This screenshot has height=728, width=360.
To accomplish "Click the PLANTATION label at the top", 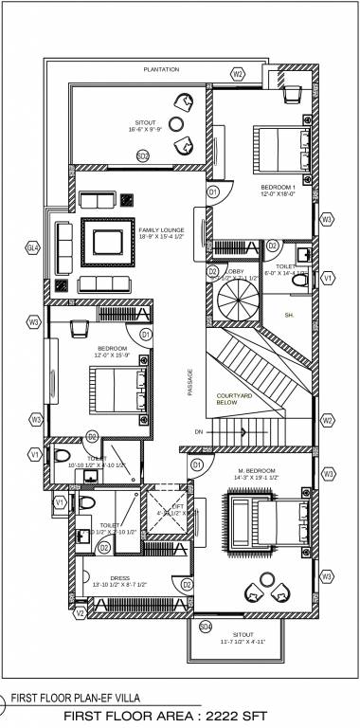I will pos(162,70).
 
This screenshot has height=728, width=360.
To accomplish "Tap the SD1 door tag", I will pos(143,155).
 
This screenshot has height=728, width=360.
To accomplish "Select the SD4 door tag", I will pos(206,626).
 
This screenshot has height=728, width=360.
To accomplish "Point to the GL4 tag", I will pos(33,248).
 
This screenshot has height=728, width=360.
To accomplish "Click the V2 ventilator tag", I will pos(80,613).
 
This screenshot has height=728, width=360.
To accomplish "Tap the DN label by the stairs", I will pos(199,432).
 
